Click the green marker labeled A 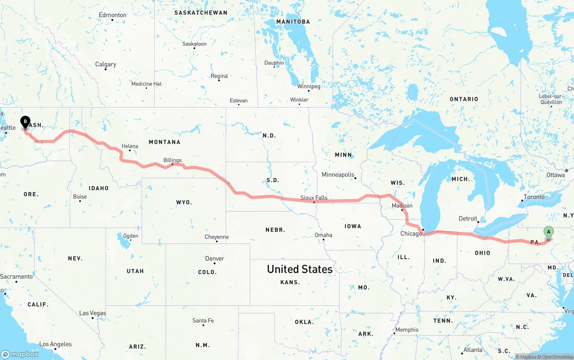[x=548, y=232]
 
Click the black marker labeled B [x=26, y=121]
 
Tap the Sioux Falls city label [x=314, y=198]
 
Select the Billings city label [x=173, y=160]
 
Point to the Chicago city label [x=411, y=234]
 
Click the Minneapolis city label [x=338, y=175]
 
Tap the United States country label [x=300, y=269]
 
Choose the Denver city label [x=214, y=259]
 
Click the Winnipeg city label [x=309, y=86]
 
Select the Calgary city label [x=106, y=65]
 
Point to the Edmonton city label [x=113, y=15]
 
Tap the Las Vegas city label [x=92, y=313]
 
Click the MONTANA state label [x=165, y=142]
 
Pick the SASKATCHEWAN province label [x=200, y=13]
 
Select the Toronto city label [x=534, y=197]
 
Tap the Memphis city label [x=407, y=330]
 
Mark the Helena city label [x=130, y=146]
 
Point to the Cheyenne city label [x=217, y=237]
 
